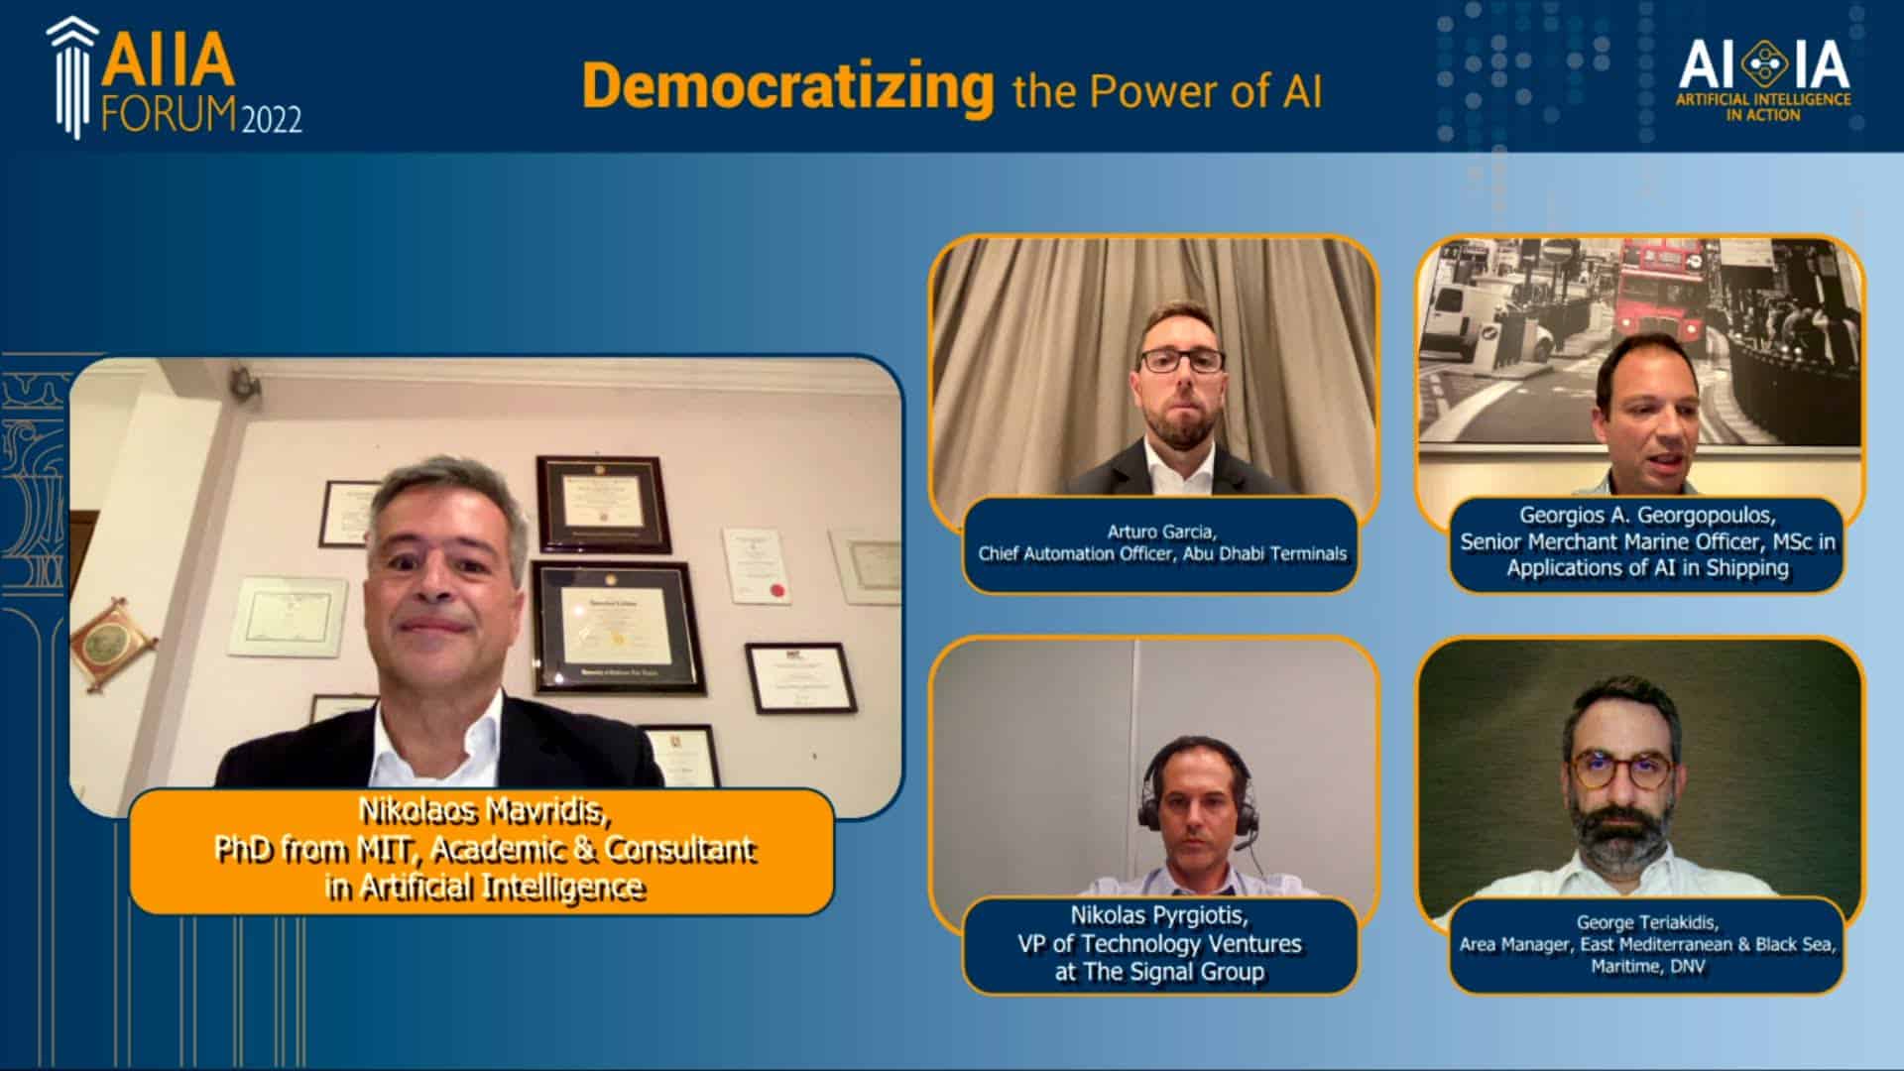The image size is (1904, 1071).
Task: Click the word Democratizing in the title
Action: [x=787, y=87]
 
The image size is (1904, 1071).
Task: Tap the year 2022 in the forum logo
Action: [x=271, y=120]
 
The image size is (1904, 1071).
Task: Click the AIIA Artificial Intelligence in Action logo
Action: [x=1763, y=79]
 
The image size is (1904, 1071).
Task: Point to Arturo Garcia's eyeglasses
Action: [x=1181, y=360]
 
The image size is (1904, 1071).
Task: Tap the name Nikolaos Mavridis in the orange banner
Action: [x=483, y=812]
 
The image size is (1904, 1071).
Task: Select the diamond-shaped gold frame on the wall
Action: [x=112, y=646]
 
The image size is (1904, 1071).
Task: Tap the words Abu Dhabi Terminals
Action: [x=1264, y=553]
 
